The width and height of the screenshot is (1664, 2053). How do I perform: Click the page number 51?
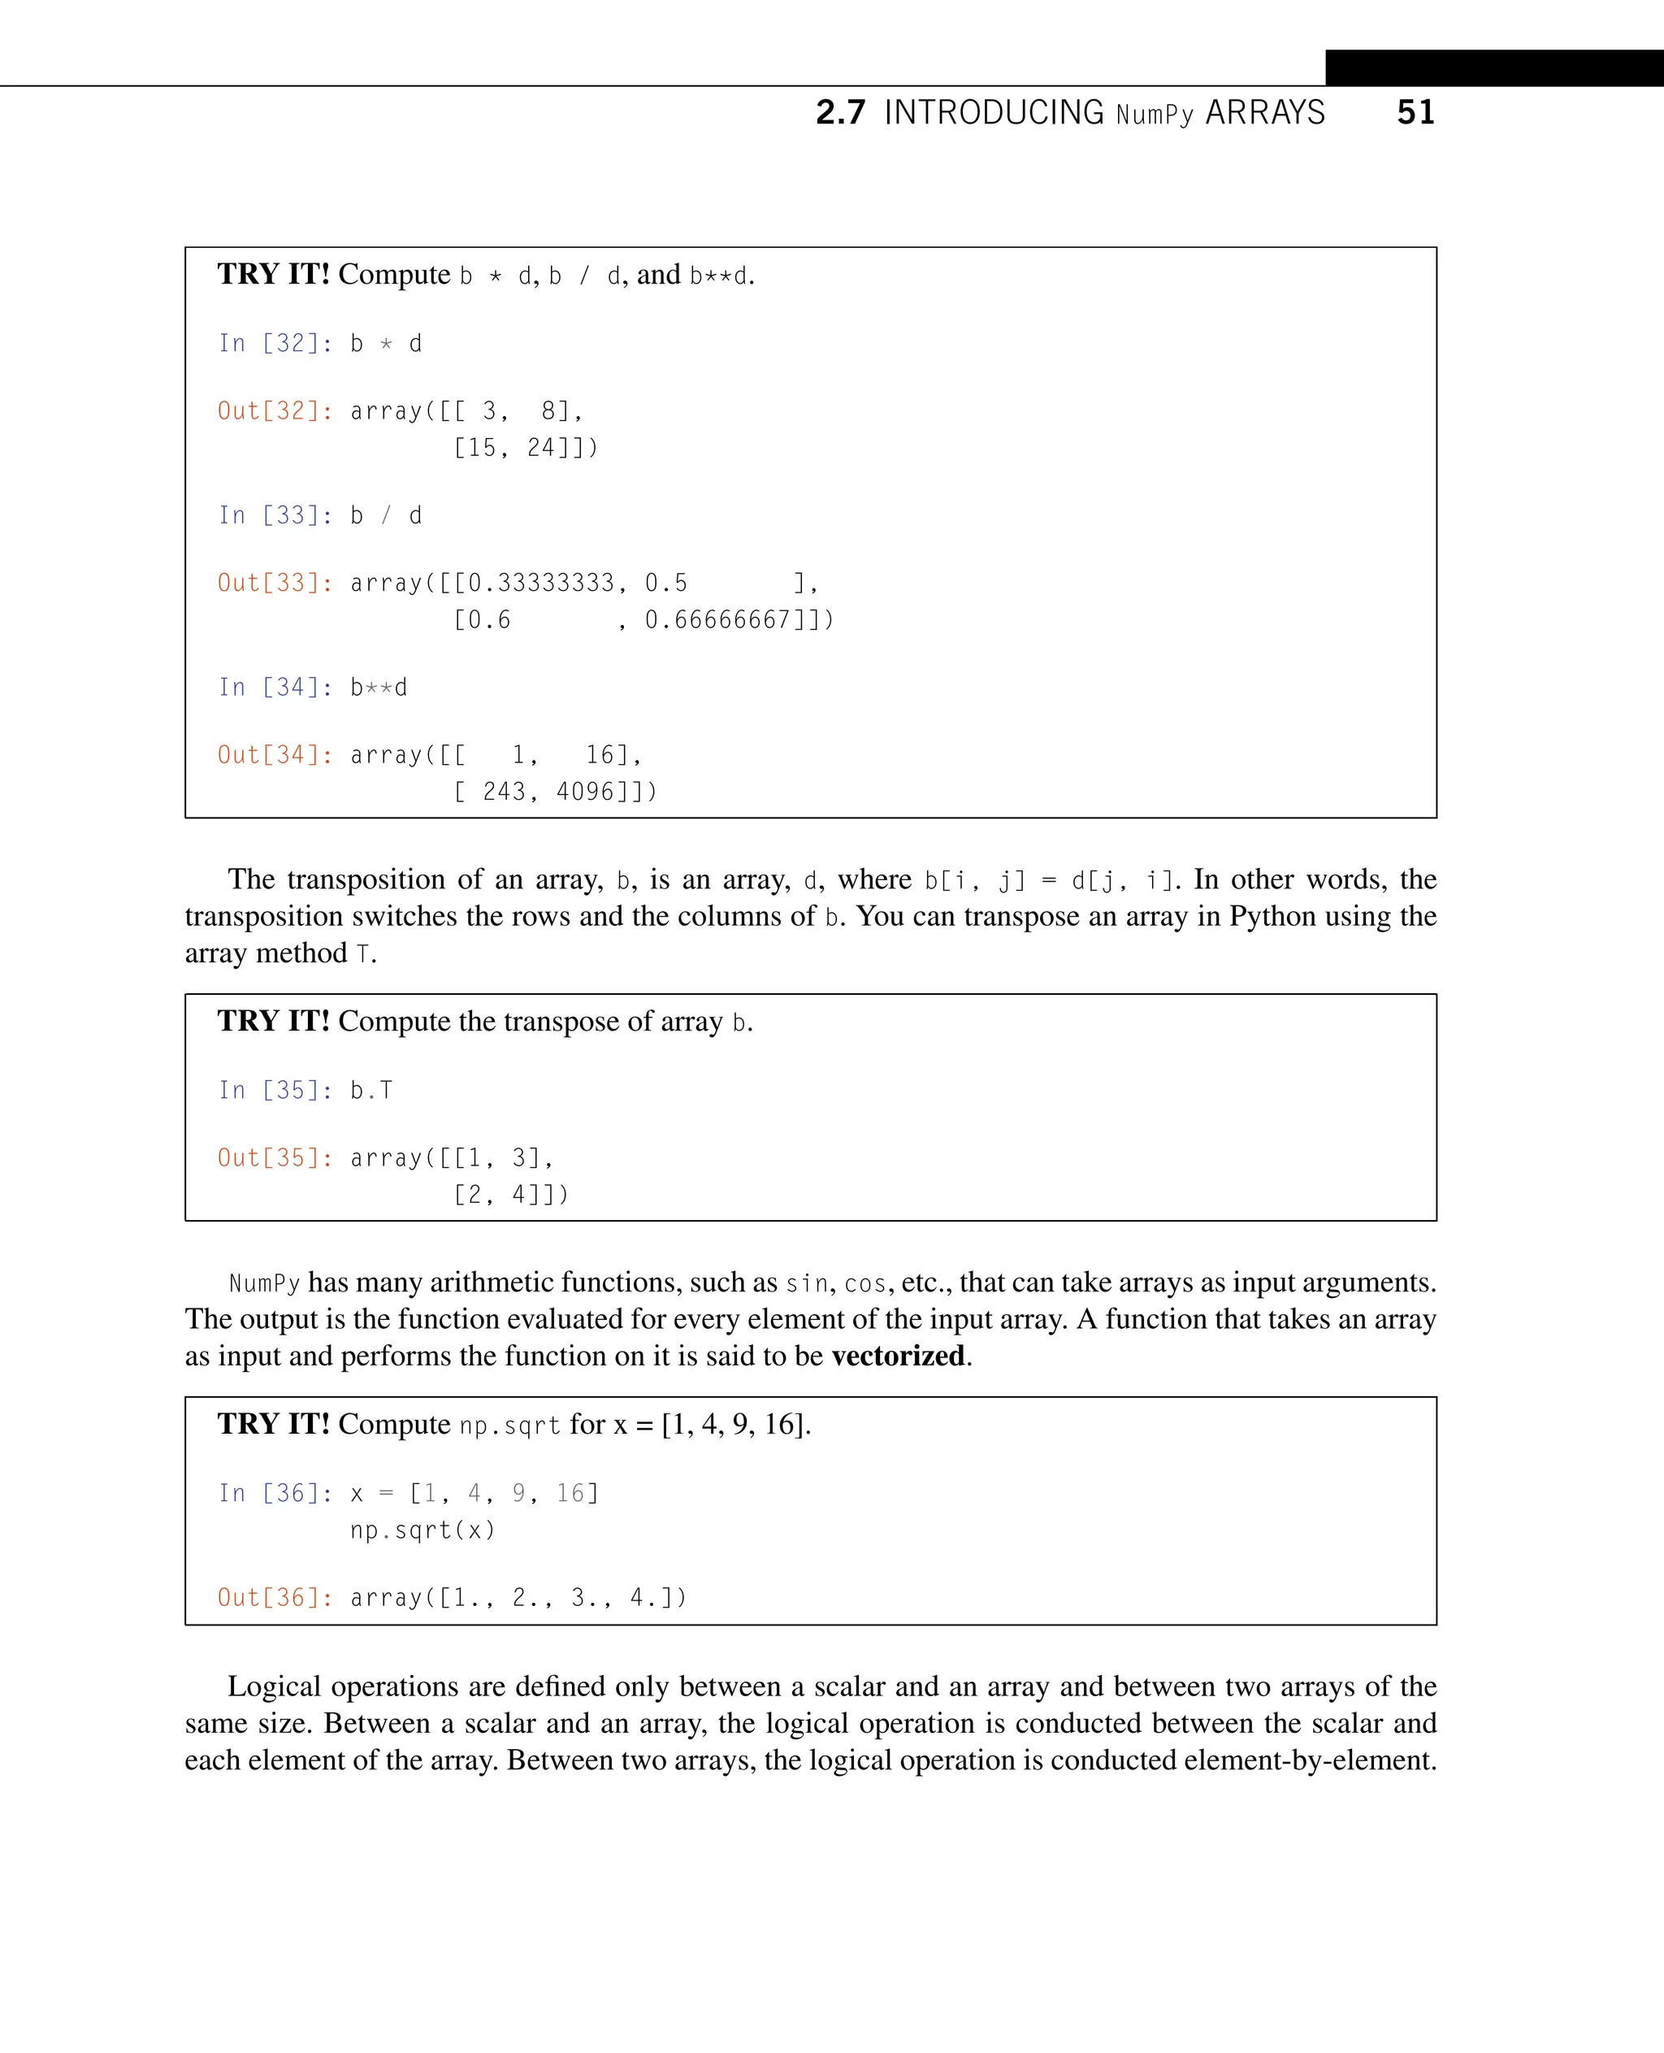pyautogui.click(x=1415, y=112)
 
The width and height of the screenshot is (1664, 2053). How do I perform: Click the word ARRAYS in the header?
pyautogui.click(x=1264, y=112)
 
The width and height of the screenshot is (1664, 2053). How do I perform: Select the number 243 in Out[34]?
pyautogui.click(x=505, y=792)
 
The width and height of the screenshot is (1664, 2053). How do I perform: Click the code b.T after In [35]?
pyautogui.click(x=372, y=1090)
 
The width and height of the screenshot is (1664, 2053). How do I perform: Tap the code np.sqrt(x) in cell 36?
pyautogui.click(x=422, y=1530)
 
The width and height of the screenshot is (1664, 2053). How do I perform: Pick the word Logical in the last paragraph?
pyautogui.click(x=274, y=1686)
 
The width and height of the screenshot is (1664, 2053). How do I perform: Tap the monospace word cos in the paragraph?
pyautogui.click(x=865, y=1283)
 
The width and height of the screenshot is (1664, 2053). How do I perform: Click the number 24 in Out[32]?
pyautogui.click(x=540, y=448)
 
